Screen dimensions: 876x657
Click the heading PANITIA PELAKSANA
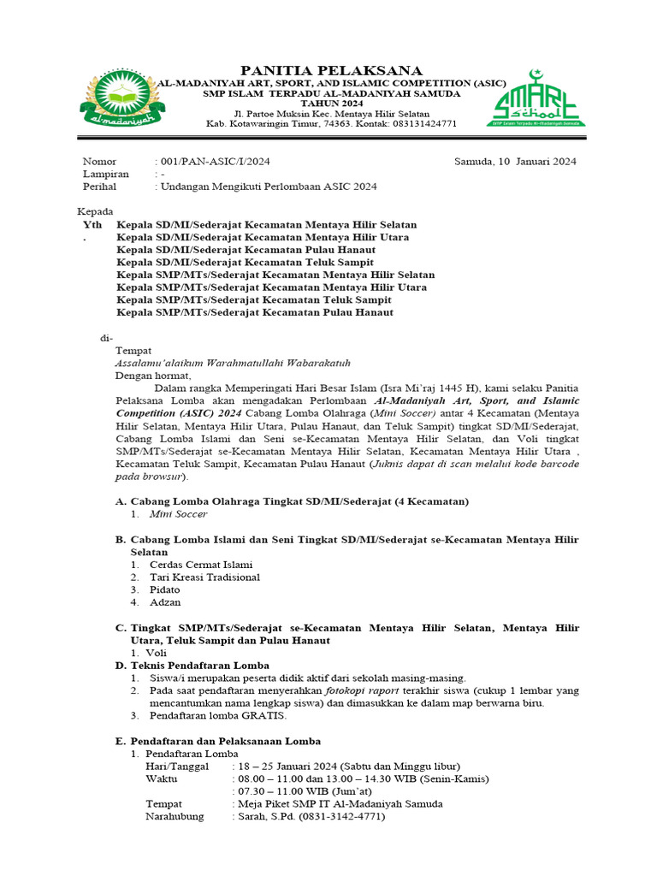click(331, 69)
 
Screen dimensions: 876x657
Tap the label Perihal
click(99, 186)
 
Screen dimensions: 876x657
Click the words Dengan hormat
click(154, 375)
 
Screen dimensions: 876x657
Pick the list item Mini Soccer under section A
click(178, 514)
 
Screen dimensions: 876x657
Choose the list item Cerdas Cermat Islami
click(201, 565)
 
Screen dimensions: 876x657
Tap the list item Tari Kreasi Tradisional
click(204, 577)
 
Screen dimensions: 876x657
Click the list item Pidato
click(165, 589)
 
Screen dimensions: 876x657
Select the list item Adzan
click(165, 602)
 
